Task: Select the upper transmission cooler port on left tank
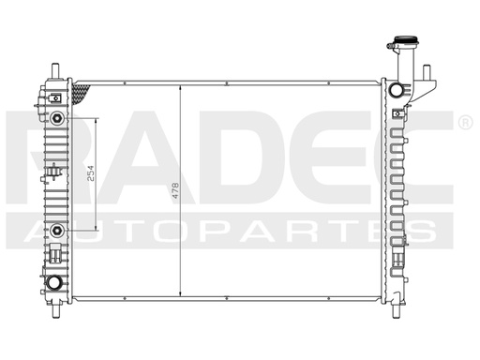coord(58,118)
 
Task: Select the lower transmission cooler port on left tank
coord(58,230)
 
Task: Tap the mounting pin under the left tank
coord(58,305)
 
